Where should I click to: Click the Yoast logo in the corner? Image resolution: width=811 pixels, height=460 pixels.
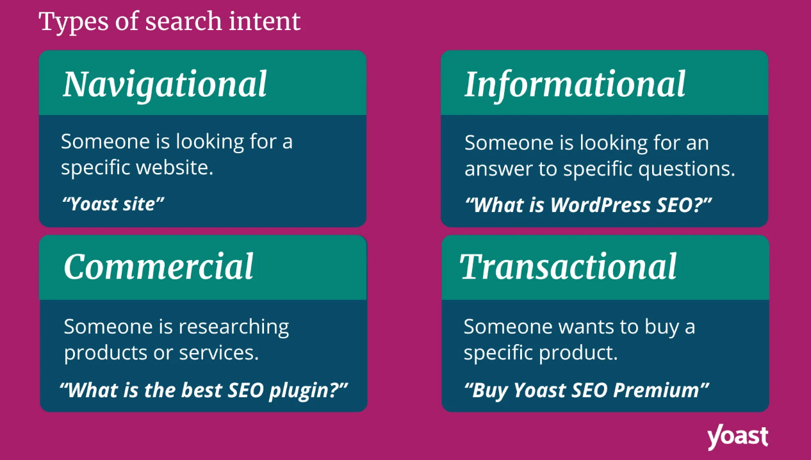point(737,437)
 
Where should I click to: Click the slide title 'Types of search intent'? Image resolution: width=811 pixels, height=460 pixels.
point(170,21)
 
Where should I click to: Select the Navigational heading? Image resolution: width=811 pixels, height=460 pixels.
point(165,84)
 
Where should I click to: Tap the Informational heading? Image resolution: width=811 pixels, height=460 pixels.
point(575,84)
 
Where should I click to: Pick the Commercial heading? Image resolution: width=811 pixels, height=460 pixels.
point(159,267)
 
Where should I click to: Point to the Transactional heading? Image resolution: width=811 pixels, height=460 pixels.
point(568,267)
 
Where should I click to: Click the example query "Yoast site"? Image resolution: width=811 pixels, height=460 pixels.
point(113,204)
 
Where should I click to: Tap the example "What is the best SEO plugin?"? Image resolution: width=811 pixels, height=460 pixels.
point(204,390)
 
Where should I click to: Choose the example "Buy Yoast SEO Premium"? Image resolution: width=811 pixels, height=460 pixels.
point(587,390)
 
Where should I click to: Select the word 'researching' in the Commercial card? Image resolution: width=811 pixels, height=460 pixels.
point(233,327)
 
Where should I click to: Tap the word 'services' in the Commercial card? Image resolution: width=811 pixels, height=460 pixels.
point(229,353)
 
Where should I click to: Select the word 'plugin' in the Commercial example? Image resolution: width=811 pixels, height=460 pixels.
point(306,390)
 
